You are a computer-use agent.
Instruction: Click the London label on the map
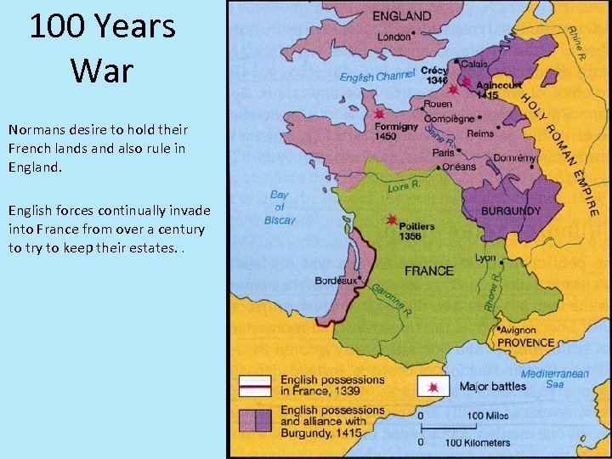tap(393, 37)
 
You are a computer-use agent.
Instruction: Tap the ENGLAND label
tap(401, 16)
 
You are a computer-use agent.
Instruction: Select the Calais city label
tap(474, 65)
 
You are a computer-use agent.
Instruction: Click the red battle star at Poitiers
tap(391, 220)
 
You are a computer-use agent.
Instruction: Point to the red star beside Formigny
tap(379, 114)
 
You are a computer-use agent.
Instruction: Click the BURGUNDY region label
tap(511, 211)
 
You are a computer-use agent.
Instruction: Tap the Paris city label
tap(444, 153)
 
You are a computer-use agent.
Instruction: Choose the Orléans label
tap(460, 167)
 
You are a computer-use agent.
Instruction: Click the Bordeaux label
tap(335, 280)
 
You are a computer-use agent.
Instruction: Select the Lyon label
tap(485, 258)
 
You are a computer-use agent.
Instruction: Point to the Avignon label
tap(518, 330)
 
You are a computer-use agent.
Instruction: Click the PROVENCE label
tap(525, 343)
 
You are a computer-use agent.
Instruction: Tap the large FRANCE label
tap(428, 271)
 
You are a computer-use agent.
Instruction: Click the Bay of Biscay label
tap(280, 207)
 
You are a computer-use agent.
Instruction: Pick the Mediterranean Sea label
tap(554, 378)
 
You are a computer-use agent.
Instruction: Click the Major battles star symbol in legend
tap(433, 387)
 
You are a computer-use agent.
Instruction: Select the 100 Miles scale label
tap(487, 416)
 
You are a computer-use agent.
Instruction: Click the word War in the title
tap(102, 70)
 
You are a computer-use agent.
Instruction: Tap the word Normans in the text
tap(37, 130)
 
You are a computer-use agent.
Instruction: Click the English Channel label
tap(377, 76)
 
